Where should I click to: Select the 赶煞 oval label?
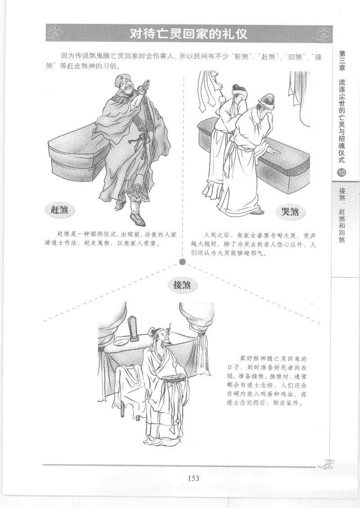coord(60,210)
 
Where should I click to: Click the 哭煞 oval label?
coord(290,211)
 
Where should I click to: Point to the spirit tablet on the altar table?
coord(134,328)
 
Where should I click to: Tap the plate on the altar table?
coord(120,343)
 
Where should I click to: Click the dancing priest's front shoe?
coord(137,219)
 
